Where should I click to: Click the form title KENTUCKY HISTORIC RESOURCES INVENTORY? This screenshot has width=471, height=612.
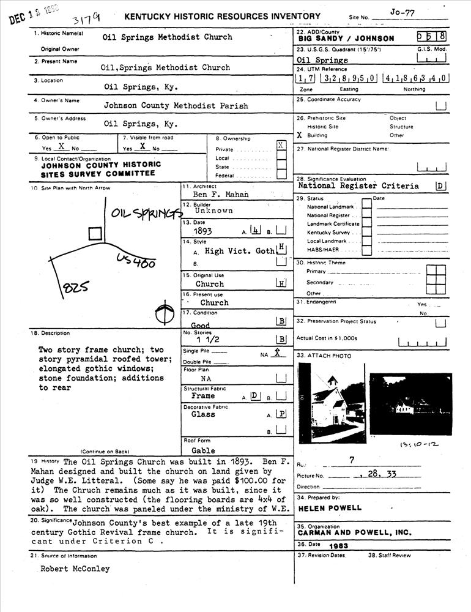(x=222, y=17)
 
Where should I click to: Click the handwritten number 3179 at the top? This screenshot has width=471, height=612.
(x=85, y=15)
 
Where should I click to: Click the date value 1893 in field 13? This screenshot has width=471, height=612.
(x=202, y=232)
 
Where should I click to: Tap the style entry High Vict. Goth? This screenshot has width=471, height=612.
(x=239, y=251)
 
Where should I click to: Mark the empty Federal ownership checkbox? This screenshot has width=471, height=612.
(x=281, y=175)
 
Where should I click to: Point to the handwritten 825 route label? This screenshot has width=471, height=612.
(x=75, y=286)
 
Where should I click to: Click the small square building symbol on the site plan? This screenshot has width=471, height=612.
(x=95, y=233)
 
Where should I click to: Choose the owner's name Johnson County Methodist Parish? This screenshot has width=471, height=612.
(x=176, y=106)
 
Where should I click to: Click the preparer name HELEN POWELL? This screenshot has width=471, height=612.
(x=330, y=508)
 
